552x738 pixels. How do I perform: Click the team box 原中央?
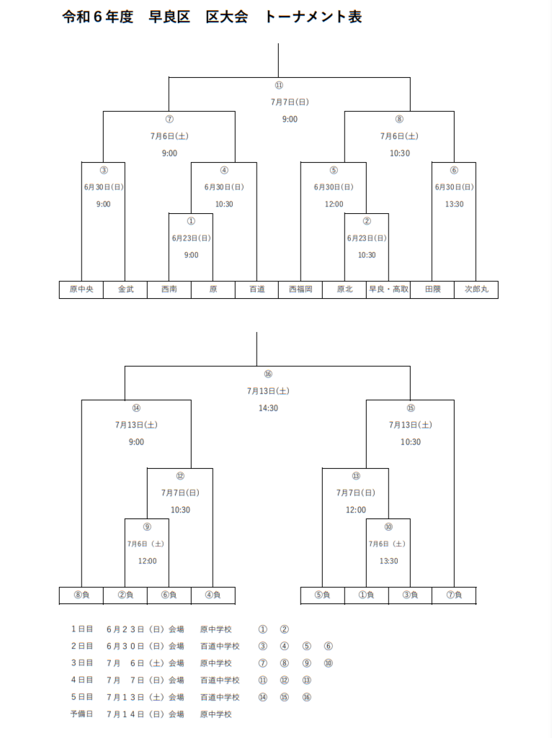point(81,289)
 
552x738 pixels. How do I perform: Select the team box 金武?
point(125,289)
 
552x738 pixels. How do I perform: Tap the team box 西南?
point(169,289)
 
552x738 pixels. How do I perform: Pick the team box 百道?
point(257,289)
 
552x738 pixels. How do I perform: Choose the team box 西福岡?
point(301,289)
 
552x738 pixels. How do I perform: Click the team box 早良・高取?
point(388,289)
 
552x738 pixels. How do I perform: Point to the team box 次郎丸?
point(476,289)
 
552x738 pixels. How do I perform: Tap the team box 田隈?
point(432,289)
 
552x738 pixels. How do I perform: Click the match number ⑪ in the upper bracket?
point(279,85)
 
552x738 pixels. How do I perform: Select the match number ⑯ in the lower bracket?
point(268,374)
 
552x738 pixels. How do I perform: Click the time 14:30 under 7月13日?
point(268,408)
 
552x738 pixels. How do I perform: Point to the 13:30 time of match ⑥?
point(454,204)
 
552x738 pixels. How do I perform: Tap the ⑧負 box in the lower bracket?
point(81,595)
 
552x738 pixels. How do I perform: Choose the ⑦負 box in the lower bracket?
point(454,595)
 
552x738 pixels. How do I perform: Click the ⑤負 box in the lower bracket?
point(323,595)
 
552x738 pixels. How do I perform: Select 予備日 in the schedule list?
point(81,714)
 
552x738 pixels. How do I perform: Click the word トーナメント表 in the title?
point(313,17)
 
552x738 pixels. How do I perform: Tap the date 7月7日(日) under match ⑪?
point(290,102)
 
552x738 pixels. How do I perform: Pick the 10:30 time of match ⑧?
point(399,153)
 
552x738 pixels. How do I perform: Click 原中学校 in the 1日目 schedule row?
point(215,629)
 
